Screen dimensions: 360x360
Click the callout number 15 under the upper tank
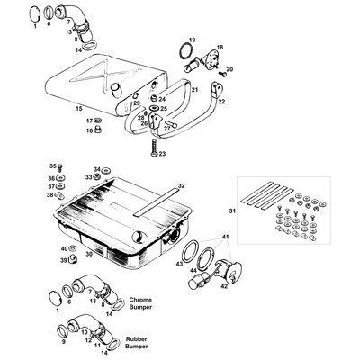(79, 108)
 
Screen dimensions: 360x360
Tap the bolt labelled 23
(153, 148)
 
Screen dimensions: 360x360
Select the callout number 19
(192, 40)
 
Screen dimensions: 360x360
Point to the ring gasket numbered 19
(186, 51)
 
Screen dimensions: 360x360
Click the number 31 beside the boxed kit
(232, 211)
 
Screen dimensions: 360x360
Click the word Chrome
(140, 300)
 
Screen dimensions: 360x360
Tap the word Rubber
(137, 339)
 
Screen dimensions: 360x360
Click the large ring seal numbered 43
(190, 252)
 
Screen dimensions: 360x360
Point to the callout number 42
(224, 287)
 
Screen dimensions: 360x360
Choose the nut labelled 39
(72, 258)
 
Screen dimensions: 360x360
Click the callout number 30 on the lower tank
(89, 254)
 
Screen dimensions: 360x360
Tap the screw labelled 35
(60, 166)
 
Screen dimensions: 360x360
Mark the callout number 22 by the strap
(221, 102)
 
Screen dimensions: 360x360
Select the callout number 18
(220, 48)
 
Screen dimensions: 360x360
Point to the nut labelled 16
(97, 130)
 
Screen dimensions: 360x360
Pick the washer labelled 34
(105, 171)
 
